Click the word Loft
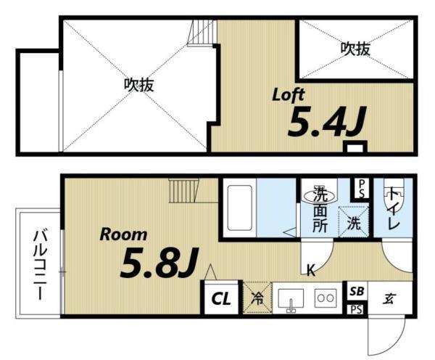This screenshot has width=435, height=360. (x=288, y=95)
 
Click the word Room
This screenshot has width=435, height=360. (x=123, y=234)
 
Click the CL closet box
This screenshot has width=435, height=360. (x=220, y=298)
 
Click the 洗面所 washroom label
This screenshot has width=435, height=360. (x=320, y=210)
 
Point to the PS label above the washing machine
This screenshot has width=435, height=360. (x=360, y=189)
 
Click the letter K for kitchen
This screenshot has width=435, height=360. (x=310, y=271)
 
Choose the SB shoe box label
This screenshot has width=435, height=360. (x=356, y=291)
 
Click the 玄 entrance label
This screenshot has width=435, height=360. (x=389, y=297)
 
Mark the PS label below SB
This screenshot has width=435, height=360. (x=355, y=309)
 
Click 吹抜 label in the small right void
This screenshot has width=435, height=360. (x=356, y=49)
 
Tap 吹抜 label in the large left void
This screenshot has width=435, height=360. (x=138, y=84)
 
